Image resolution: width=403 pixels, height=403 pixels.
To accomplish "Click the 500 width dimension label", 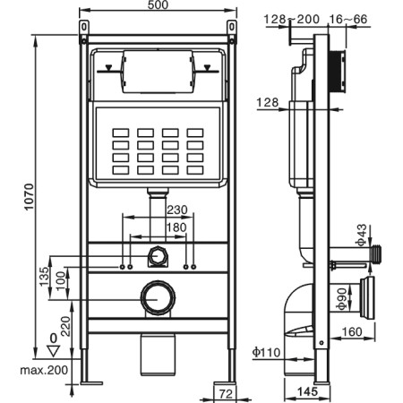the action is [x=158, y=4].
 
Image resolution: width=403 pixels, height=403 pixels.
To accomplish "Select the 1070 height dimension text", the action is [x=30, y=197].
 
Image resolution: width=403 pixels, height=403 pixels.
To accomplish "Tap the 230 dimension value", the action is [x=177, y=210].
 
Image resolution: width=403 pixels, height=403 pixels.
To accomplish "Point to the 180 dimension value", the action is [x=177, y=227].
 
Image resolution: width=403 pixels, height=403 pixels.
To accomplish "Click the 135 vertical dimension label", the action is [x=44, y=277].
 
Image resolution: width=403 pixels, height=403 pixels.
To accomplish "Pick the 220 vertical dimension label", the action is [x=65, y=326].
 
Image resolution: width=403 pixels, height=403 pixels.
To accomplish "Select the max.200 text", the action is [x=44, y=371].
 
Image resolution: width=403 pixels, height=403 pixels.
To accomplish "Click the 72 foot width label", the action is [x=226, y=394].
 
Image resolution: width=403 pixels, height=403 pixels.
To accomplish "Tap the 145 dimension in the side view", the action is [x=307, y=391].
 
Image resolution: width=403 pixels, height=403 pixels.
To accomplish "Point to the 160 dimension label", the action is [x=351, y=331].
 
